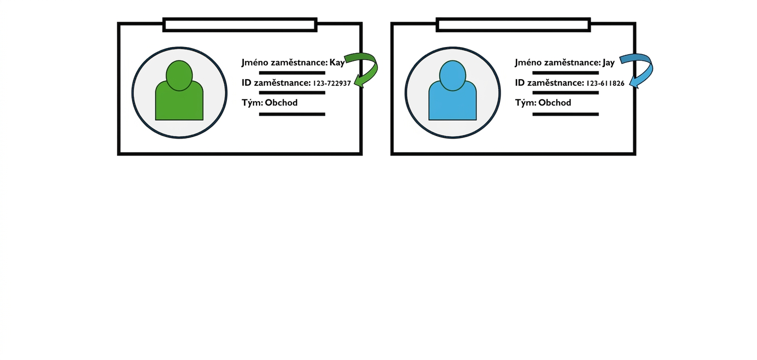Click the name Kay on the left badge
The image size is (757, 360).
pyautogui.click(x=337, y=63)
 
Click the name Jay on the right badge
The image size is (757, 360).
pyautogui.click(x=608, y=63)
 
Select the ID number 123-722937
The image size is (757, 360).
pyautogui.click(x=332, y=83)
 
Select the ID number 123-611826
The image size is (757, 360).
pyautogui.click(x=605, y=83)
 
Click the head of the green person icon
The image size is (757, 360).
pyautogui.click(x=179, y=76)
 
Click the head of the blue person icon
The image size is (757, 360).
pyautogui.click(x=452, y=76)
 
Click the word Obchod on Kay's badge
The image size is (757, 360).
pyautogui.click(x=281, y=103)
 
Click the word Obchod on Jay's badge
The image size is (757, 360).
pyautogui.click(x=555, y=103)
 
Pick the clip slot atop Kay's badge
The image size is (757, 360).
pyautogui.click(x=240, y=25)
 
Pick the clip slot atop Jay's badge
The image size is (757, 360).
pyautogui.click(x=513, y=25)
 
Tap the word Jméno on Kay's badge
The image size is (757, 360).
pyautogui.click(x=255, y=62)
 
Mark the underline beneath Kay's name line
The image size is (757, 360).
pyautogui.click(x=292, y=73)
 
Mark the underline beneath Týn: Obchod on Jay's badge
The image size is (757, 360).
pyautogui.click(x=565, y=114)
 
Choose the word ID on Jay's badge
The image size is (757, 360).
pyautogui.click(x=519, y=83)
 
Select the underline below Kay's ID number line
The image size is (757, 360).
pyautogui.click(x=292, y=93)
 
